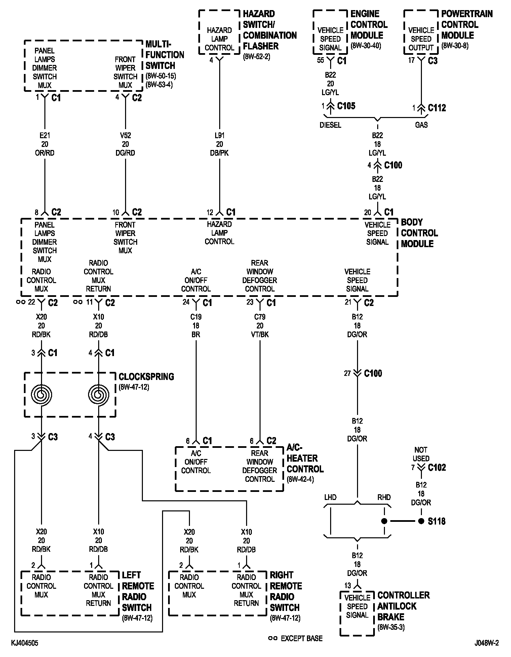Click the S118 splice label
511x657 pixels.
pyautogui.click(x=436, y=521)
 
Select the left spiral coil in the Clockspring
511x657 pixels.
pyautogui.click(x=41, y=394)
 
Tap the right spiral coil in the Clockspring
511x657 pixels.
pyautogui.click(x=99, y=394)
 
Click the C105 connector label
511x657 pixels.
pyautogui.click(x=346, y=106)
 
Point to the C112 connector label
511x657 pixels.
pyautogui.click(x=437, y=108)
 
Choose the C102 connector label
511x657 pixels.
pyautogui.click(x=437, y=468)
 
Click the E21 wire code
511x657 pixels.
pyautogui.click(x=45, y=136)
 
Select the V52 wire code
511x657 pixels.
pyautogui.click(x=125, y=136)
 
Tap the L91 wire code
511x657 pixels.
pyautogui.click(x=220, y=136)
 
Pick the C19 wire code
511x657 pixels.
pyautogui.click(x=196, y=317)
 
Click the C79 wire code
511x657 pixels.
pyautogui.click(x=260, y=317)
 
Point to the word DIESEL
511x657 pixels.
pyautogui.click(x=330, y=125)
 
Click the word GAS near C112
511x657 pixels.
pyautogui.click(x=421, y=125)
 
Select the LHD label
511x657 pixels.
pyautogui.click(x=330, y=497)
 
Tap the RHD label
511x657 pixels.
pyautogui.click(x=384, y=497)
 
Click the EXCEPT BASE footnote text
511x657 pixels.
pyautogui.click(x=302, y=638)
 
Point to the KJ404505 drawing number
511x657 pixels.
pyautogui.click(x=25, y=643)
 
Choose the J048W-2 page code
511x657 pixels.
pyautogui.click(x=486, y=643)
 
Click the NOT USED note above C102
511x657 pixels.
pyautogui.click(x=421, y=454)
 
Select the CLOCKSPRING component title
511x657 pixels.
pyautogui.click(x=146, y=377)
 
